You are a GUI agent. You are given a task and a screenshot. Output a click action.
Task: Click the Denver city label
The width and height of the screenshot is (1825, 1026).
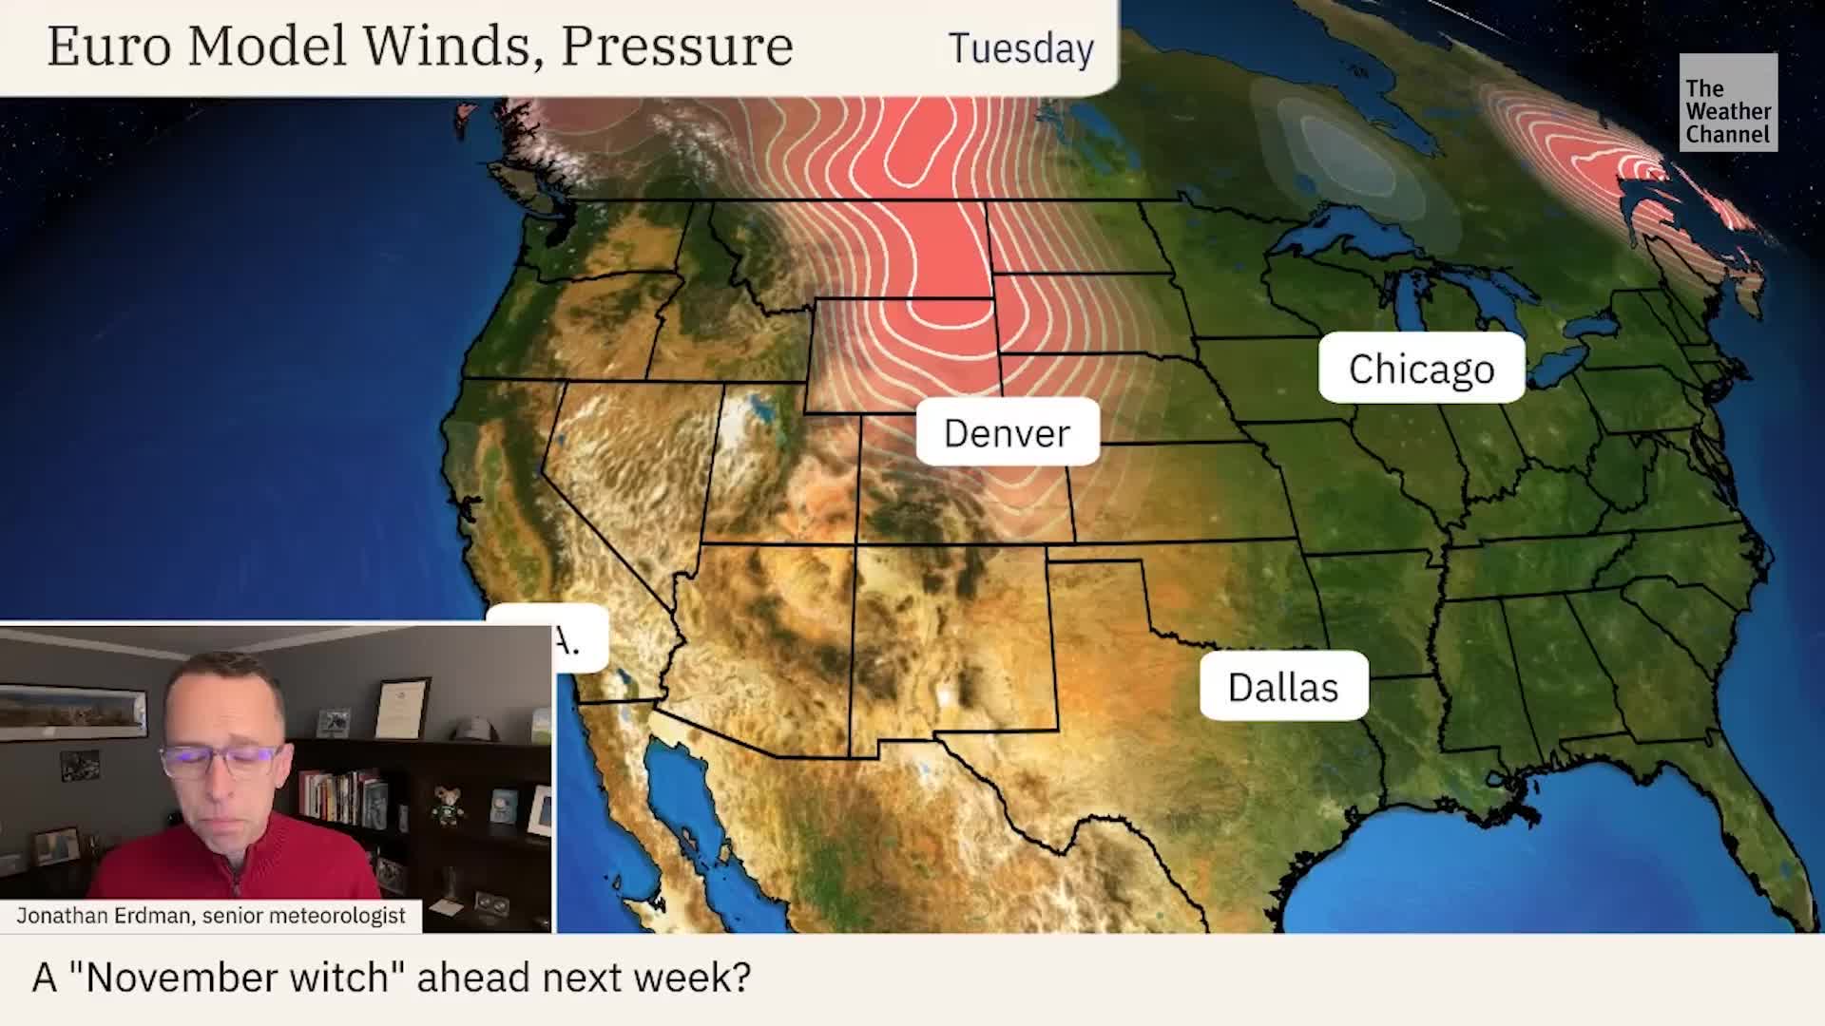pos(1007,433)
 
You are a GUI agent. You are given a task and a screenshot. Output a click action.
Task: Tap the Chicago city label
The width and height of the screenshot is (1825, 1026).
pos(1421,369)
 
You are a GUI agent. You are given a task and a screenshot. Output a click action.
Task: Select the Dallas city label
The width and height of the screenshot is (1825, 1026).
pos(1283,687)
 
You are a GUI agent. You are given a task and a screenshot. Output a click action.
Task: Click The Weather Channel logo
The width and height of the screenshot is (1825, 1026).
pos(1727,103)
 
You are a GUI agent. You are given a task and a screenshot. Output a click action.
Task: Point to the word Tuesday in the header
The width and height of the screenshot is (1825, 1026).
pos(1021,48)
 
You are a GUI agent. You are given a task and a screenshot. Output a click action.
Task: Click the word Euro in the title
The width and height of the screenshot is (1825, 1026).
pos(108,46)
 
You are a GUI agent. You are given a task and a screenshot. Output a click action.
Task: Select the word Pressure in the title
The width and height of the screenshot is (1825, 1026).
pos(677,46)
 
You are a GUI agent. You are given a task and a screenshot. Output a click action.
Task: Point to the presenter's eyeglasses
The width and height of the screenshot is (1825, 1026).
pos(220,759)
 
